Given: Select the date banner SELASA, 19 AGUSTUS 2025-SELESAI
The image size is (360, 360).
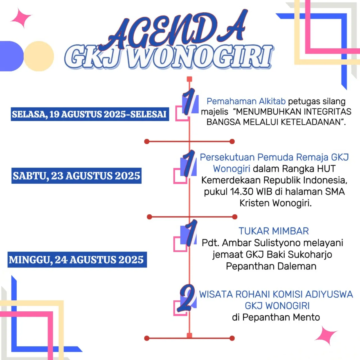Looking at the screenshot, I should click(x=90, y=114).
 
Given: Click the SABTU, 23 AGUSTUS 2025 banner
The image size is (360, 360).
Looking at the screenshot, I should click(x=76, y=176).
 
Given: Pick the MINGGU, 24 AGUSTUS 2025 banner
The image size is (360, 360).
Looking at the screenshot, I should click(x=76, y=260).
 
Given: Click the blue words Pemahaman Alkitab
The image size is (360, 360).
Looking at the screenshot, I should click(x=246, y=101).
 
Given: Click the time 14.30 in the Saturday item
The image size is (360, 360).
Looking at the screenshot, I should click(x=242, y=192).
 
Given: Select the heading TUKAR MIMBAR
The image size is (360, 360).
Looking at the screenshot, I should click(x=274, y=231).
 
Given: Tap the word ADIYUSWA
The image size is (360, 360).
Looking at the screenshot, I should click(x=329, y=294).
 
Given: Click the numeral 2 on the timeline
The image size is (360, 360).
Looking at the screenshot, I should click(x=187, y=298).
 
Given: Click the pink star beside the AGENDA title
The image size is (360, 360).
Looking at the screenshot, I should click(x=21, y=18).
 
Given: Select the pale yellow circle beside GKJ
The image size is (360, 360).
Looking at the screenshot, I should click(x=39, y=56).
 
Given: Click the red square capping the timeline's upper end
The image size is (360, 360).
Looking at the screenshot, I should click(x=190, y=79).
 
